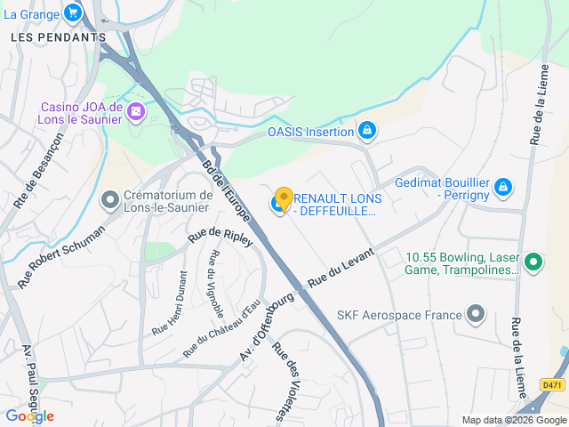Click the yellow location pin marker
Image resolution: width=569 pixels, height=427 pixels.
pyautogui.click(x=284, y=197)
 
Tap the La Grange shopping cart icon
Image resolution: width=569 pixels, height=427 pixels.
pyautogui.click(x=73, y=13)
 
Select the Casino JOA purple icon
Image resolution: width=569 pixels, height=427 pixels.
pyautogui.click(x=136, y=112)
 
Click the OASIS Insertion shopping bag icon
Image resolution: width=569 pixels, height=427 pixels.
pyautogui.click(x=366, y=132)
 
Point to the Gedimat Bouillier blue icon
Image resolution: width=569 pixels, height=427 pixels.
pyautogui.click(x=503, y=187)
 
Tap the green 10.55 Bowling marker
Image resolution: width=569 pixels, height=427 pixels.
pyautogui.click(x=533, y=262)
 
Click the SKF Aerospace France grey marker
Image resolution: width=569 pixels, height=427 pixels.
pyautogui.click(x=477, y=314)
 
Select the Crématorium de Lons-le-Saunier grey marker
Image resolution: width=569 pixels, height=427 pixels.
pyautogui.click(x=110, y=200)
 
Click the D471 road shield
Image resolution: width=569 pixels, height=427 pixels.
pyautogui.click(x=551, y=384)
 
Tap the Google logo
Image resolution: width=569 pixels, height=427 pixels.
pyautogui.click(x=29, y=415)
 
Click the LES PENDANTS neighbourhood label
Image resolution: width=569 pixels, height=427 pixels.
pyautogui.click(x=58, y=37)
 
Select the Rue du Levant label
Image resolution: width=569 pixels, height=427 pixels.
pyautogui.click(x=341, y=269)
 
